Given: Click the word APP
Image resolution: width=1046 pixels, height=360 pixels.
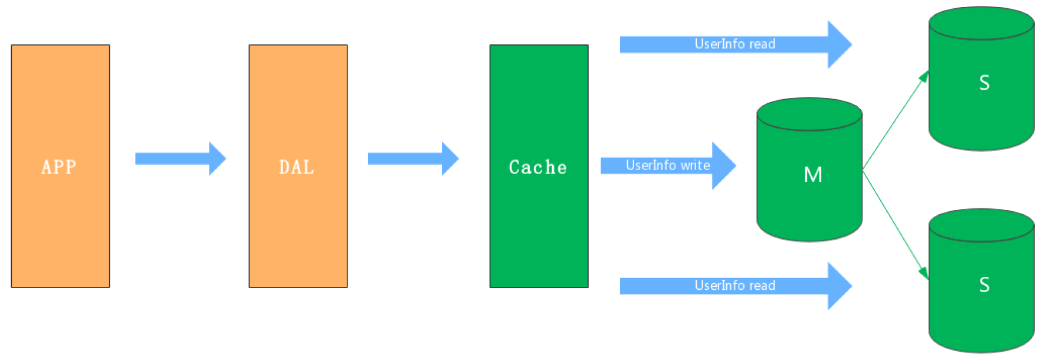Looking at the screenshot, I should point(59,167).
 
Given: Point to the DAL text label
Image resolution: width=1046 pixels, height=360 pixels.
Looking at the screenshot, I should point(297,167).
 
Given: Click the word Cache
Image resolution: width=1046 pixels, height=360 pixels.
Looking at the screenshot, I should point(538,167).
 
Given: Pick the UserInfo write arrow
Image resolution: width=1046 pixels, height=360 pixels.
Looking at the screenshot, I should point(723,165).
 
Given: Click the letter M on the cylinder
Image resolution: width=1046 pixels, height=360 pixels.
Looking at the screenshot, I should point(813,175).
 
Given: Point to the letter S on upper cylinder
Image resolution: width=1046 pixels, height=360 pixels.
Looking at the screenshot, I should point(984,83).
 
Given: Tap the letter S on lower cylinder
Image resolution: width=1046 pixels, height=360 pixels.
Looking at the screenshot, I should point(984,285).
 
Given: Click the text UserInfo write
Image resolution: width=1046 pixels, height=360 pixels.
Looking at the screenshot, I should point(668,165).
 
